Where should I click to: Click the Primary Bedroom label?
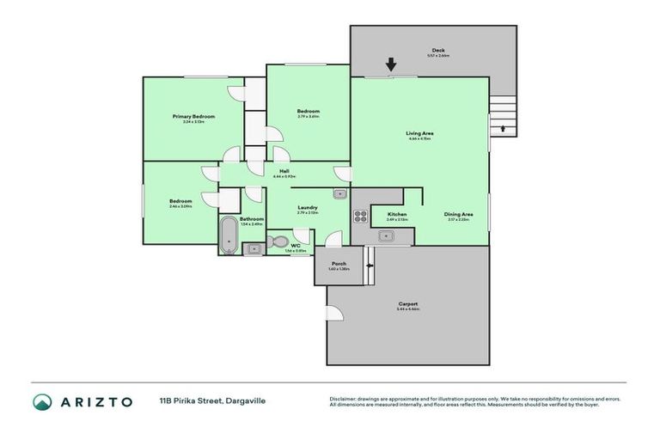tap(193, 116)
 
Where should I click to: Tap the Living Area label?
tap(419, 133)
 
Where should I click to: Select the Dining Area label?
tap(458, 214)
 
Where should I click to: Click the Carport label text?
tap(408, 303)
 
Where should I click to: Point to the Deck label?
tap(437, 51)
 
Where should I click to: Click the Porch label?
tap(338, 264)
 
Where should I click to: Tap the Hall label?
tap(284, 171)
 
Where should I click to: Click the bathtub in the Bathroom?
tap(228, 235)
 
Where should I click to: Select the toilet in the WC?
tap(277, 241)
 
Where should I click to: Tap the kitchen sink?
tap(388, 236)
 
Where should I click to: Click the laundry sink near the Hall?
tap(339, 194)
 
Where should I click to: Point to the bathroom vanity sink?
tap(253, 249)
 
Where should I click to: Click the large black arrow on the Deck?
tap(391, 64)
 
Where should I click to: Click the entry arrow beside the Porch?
tap(370, 266)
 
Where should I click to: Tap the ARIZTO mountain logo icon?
tap(42, 401)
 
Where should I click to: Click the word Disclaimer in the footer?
tap(345, 399)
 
